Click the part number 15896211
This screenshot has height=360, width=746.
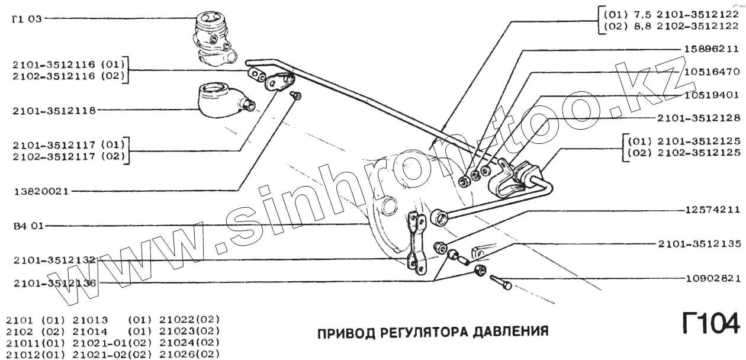point(712,49)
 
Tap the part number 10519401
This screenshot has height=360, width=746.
point(712,94)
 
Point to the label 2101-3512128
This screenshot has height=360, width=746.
point(699,117)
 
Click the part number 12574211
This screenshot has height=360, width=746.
point(712,209)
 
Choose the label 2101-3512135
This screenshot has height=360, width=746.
point(699,243)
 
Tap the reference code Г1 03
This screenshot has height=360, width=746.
point(26,18)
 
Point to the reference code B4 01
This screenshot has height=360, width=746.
point(26,226)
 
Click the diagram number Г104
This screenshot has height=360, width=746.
point(710,324)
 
